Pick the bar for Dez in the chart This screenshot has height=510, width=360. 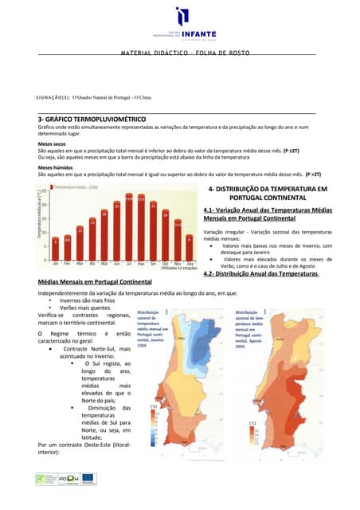click(189, 244)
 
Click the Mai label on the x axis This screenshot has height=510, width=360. click(104, 262)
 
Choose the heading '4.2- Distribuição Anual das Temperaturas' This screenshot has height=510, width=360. click(260, 274)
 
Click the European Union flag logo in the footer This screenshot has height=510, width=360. click(87, 479)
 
